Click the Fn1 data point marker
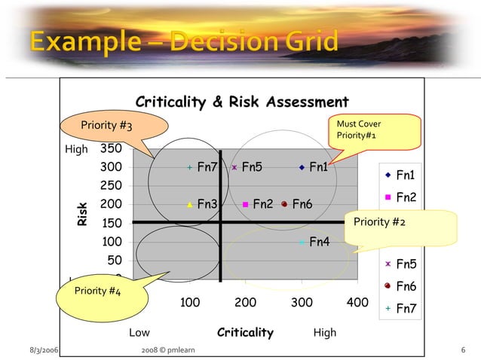pyautogui.click(x=301, y=168)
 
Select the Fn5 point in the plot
pyautogui.click(x=234, y=168)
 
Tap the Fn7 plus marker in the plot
pyautogui.click(x=190, y=168)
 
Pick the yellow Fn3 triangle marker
pyautogui.click(x=190, y=203)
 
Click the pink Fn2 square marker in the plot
pyautogui.click(x=246, y=203)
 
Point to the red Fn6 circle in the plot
pyautogui.click(x=284, y=203)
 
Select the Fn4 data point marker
pyautogui.click(x=301, y=242)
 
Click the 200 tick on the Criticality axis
pyautogui.click(x=246, y=303)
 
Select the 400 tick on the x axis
pyautogui.click(x=357, y=303)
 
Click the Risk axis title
pyautogui.click(x=82, y=213)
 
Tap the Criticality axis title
pyautogui.click(x=245, y=332)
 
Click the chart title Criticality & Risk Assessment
pyautogui.click(x=241, y=102)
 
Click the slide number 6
pyautogui.click(x=463, y=351)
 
